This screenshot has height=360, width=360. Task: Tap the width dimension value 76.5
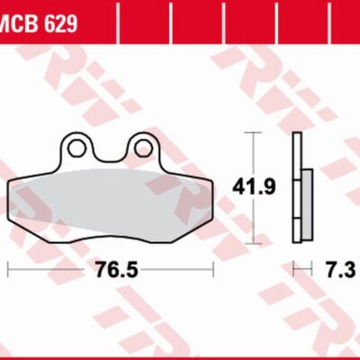111,270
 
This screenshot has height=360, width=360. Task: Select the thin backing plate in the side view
296,189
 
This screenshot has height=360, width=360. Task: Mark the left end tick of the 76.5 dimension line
8,269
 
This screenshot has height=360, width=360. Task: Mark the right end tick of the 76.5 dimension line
213,269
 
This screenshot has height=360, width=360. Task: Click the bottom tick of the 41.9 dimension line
255,243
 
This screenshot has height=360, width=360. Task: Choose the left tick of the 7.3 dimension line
294,269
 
